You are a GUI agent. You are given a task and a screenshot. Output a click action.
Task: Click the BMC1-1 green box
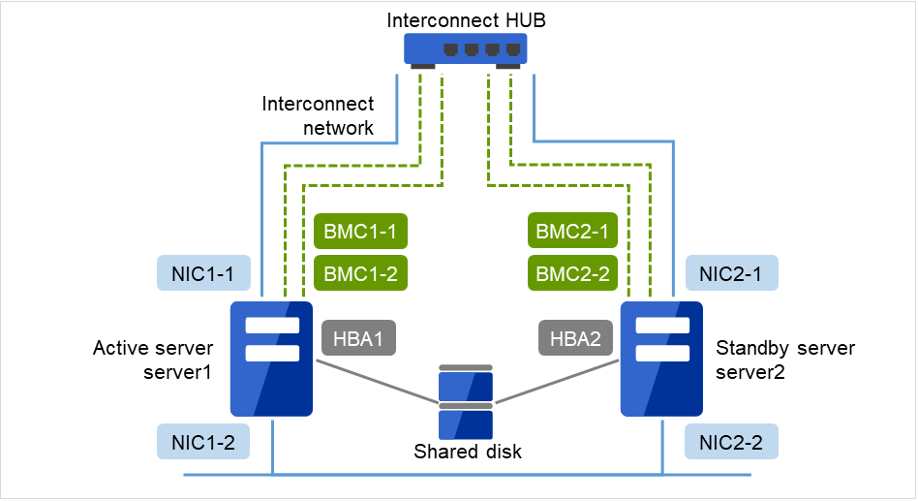[359, 232]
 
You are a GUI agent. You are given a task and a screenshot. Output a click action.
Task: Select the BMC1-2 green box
[359, 273]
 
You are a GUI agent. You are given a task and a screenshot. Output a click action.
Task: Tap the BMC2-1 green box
[573, 232]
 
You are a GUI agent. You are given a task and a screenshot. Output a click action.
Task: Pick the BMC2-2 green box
[573, 273]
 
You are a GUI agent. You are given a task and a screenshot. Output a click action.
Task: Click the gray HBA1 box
[359, 339]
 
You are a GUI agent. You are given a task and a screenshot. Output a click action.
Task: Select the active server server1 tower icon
[271, 358]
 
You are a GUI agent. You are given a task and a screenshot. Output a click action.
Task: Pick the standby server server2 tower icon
[662, 358]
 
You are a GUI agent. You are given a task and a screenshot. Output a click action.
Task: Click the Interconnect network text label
[318, 115]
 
